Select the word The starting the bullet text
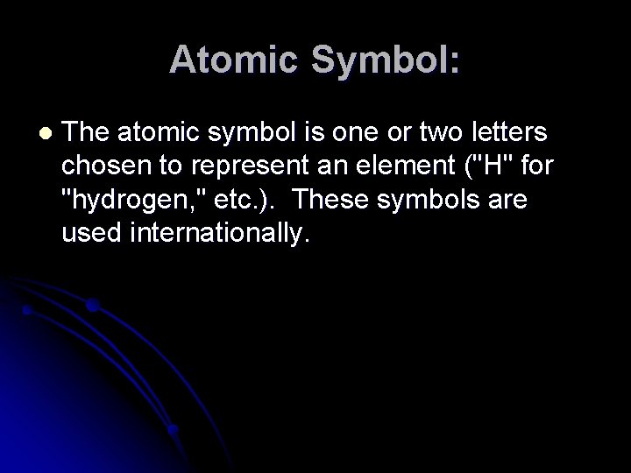[87, 133]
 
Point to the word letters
[504, 133]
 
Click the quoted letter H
[470, 166]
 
